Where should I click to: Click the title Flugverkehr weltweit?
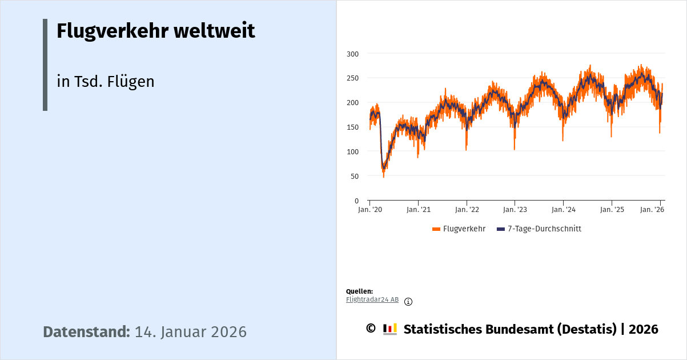(155, 31)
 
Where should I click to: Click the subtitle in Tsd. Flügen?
(106, 82)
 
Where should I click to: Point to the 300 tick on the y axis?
(353, 54)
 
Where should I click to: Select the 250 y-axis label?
(353, 78)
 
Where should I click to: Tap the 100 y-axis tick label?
(353, 151)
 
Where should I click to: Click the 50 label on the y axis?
(355, 176)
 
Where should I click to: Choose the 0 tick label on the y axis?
(356, 201)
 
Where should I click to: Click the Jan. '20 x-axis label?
(370, 210)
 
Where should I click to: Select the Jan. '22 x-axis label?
(467, 210)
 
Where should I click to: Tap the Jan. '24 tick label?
(563, 210)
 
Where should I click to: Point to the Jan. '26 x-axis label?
(652, 210)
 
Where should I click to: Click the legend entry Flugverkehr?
(464, 229)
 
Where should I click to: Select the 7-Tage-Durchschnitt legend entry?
(544, 229)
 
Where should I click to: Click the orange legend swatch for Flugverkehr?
(436, 229)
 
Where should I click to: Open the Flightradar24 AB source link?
(372, 299)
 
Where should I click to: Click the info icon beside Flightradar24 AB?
(408, 302)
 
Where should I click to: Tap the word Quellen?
(359, 291)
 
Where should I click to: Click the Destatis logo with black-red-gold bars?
(390, 329)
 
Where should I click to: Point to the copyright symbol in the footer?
(371, 329)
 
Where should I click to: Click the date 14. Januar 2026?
(190, 332)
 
